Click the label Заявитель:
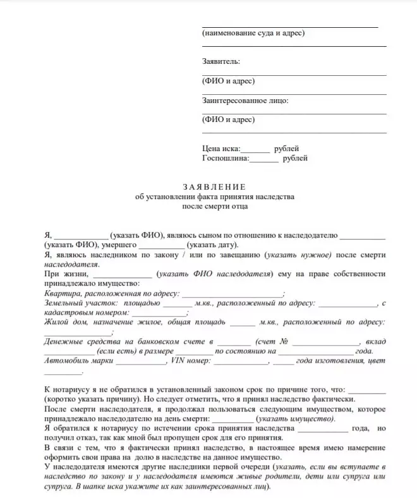click(221, 61)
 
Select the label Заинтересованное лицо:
click(245, 100)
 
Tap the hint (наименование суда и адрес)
click(253, 33)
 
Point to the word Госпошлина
click(225, 159)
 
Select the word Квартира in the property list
click(62, 293)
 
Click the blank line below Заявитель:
click(294, 74)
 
